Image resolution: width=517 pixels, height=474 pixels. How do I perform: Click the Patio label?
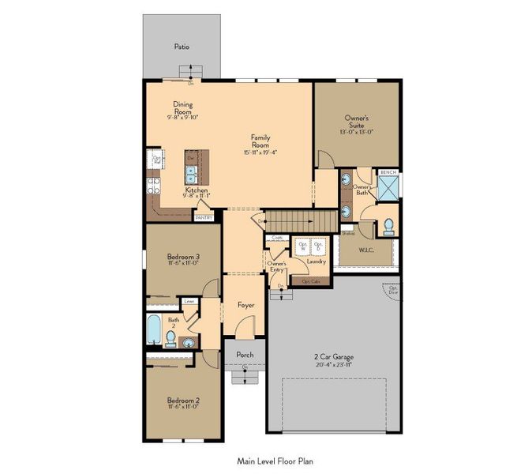click(x=182, y=47)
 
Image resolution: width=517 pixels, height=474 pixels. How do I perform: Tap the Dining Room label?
click(x=182, y=107)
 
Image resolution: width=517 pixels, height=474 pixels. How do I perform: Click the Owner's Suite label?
click(x=356, y=122)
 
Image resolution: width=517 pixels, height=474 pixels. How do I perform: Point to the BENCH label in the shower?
click(x=388, y=172)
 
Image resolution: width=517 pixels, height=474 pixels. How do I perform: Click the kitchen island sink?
click(x=191, y=173)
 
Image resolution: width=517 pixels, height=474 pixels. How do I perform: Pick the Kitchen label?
click(x=197, y=190)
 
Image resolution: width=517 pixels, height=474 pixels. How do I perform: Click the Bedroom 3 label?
click(x=182, y=256)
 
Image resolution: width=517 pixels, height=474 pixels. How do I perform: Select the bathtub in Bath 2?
click(x=155, y=331)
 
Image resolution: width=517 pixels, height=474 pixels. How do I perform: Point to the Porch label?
click(x=245, y=355)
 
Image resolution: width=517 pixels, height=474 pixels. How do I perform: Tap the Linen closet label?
click(x=189, y=301)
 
